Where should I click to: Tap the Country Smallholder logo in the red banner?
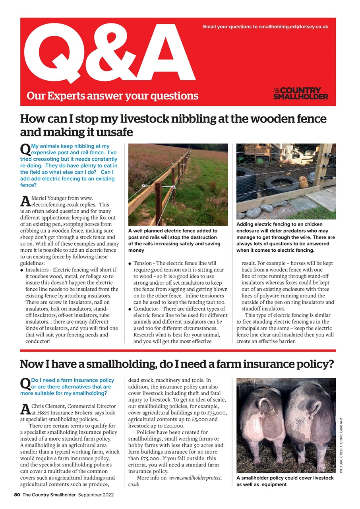tap(300, 93)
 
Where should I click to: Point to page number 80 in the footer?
tap(17, 495)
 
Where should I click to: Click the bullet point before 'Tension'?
tap(130, 264)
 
